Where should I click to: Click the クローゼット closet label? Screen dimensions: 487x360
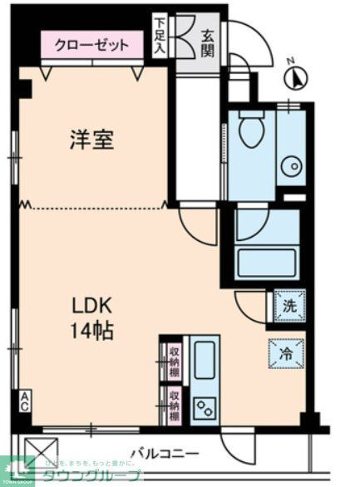(x=92, y=45)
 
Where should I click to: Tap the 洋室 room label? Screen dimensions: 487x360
(x=91, y=140)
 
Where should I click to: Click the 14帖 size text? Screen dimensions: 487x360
(x=91, y=330)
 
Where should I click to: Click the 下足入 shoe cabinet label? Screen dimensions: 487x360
(x=160, y=38)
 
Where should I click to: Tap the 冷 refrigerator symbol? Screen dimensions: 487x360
(x=285, y=354)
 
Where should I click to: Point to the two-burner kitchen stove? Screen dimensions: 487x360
(x=205, y=405)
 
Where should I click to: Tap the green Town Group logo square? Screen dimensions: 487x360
(x=16, y=470)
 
